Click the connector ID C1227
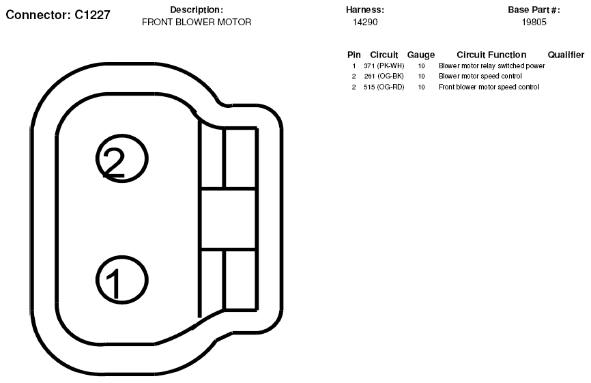click(x=92, y=15)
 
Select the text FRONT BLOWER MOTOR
click(x=197, y=23)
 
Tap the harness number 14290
click(x=365, y=23)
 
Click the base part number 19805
click(x=534, y=23)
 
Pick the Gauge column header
click(x=420, y=55)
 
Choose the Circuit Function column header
click(x=491, y=55)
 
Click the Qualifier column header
click(x=566, y=55)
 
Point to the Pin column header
click(x=354, y=55)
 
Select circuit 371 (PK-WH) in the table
click(x=384, y=66)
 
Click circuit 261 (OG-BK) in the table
click(x=384, y=76)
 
